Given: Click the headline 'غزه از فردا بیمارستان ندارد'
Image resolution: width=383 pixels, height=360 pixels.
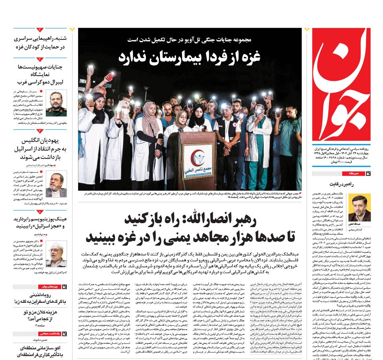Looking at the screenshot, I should pyautogui.click(x=190, y=56).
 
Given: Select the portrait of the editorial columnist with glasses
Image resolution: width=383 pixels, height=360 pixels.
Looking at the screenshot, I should pyautogui.click(x=359, y=208).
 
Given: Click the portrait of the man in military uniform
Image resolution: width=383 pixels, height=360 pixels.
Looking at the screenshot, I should pyautogui.click(x=56, y=103).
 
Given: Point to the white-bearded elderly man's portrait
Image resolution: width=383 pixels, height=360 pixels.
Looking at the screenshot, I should pyautogui.click(x=56, y=254).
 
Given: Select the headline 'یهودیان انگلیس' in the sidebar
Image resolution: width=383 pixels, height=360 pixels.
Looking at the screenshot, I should pyautogui.click(x=45, y=141).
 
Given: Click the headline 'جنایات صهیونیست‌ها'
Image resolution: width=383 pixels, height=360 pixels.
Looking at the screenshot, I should pyautogui.click(x=41, y=67).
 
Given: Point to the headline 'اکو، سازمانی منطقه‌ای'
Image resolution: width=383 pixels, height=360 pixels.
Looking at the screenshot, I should pyautogui.click(x=41, y=349).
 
